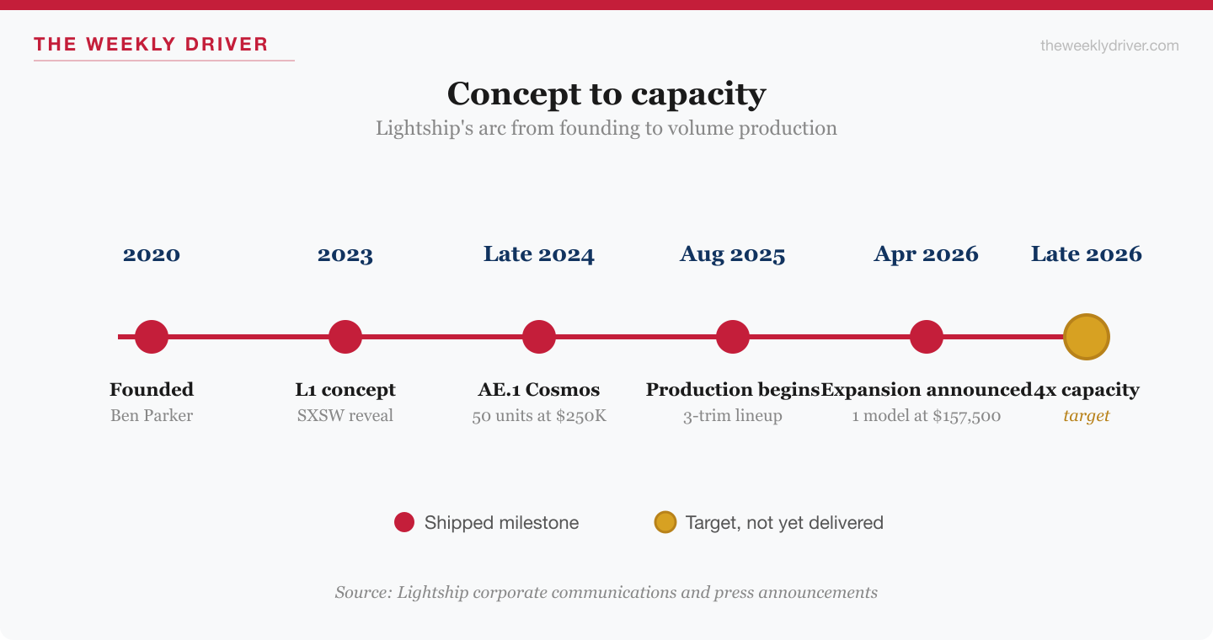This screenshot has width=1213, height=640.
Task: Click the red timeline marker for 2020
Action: [152, 337]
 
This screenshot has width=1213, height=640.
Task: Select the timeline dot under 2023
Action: [345, 337]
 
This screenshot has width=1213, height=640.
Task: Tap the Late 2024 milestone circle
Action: [539, 337]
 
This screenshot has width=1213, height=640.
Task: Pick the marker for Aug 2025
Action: [733, 337]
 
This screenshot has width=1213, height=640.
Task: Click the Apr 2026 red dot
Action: [927, 337]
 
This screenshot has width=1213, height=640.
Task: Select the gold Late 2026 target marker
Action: [1087, 337]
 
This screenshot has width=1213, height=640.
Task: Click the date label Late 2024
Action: [539, 254]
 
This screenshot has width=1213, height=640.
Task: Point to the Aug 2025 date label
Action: [733, 254]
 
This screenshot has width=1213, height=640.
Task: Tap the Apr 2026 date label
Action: [927, 254]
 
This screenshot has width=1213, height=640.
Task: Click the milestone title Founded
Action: [152, 390]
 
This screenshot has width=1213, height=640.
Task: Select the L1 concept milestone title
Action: [345, 390]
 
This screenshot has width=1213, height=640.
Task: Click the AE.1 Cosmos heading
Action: [539, 390]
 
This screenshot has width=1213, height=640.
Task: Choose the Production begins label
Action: [732, 390]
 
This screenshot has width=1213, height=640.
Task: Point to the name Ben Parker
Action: [152, 416]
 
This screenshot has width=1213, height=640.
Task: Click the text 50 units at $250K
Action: [539, 416]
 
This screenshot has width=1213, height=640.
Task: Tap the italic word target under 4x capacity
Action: [1087, 416]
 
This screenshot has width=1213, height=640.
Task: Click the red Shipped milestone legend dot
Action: [404, 523]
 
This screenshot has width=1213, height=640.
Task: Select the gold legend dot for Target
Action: [665, 523]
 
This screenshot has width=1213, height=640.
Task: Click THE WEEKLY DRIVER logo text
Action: [151, 45]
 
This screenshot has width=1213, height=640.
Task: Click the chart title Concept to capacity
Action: [606, 93]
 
